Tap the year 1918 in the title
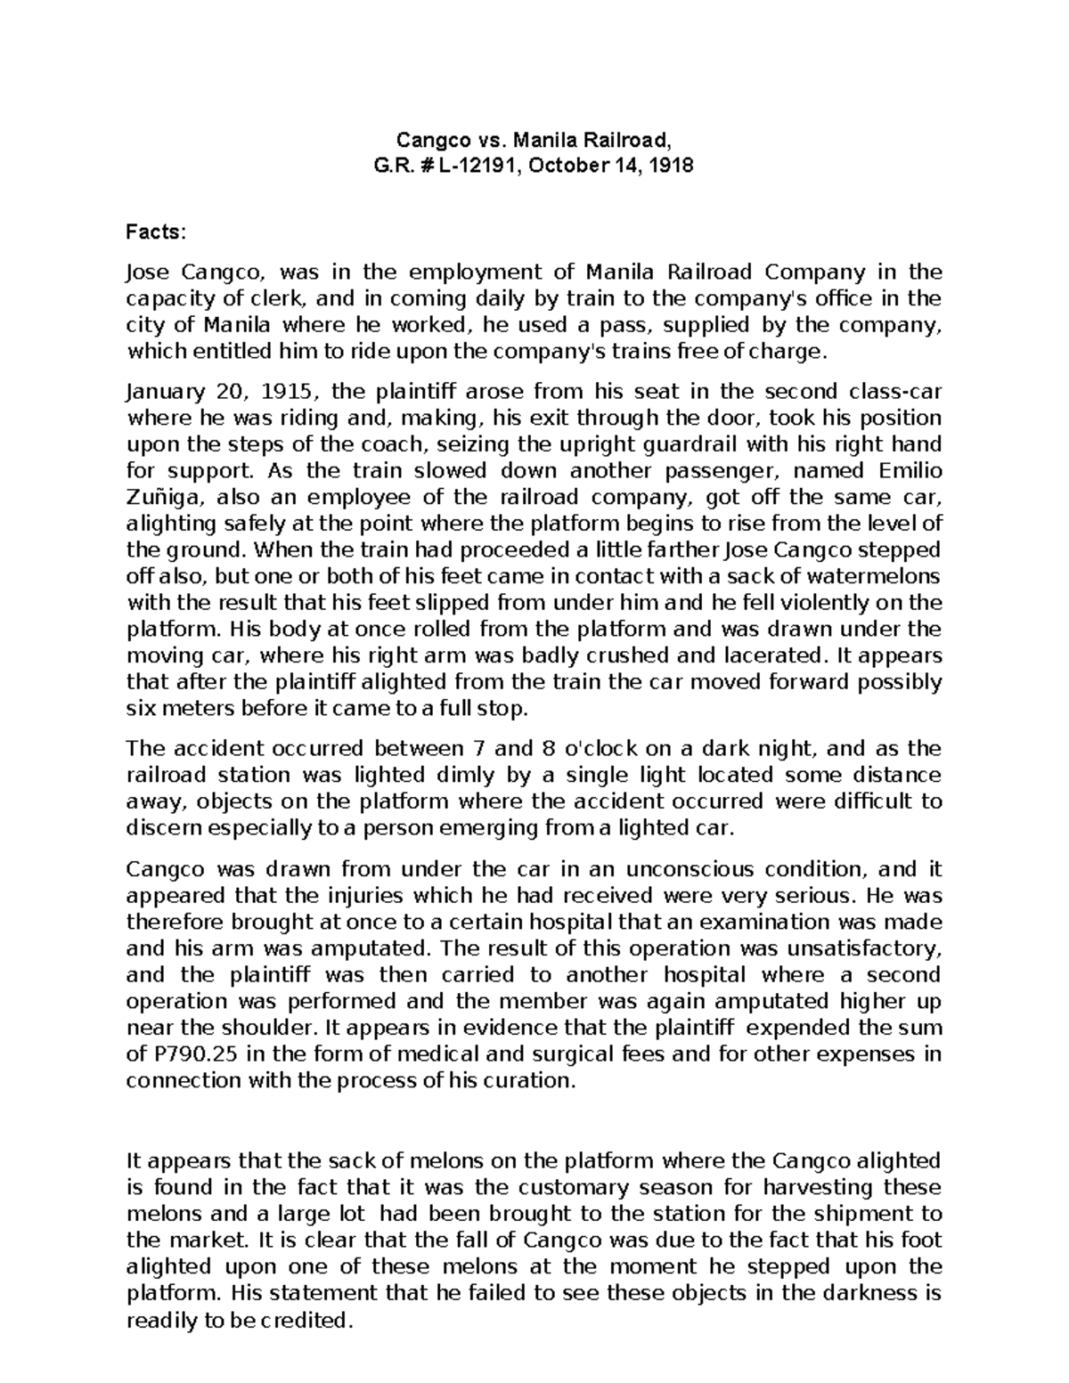coord(673,166)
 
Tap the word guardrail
coord(690,443)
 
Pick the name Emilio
coord(910,470)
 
